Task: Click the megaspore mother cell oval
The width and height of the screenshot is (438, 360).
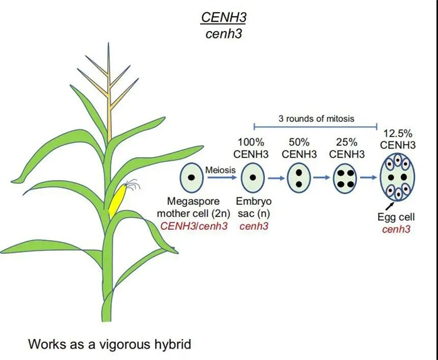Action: pos(191,179)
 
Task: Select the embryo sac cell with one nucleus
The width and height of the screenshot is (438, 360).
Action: pos(253,179)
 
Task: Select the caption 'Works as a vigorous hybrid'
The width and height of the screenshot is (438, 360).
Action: pos(110,344)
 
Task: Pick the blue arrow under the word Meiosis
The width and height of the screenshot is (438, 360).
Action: pos(222,179)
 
